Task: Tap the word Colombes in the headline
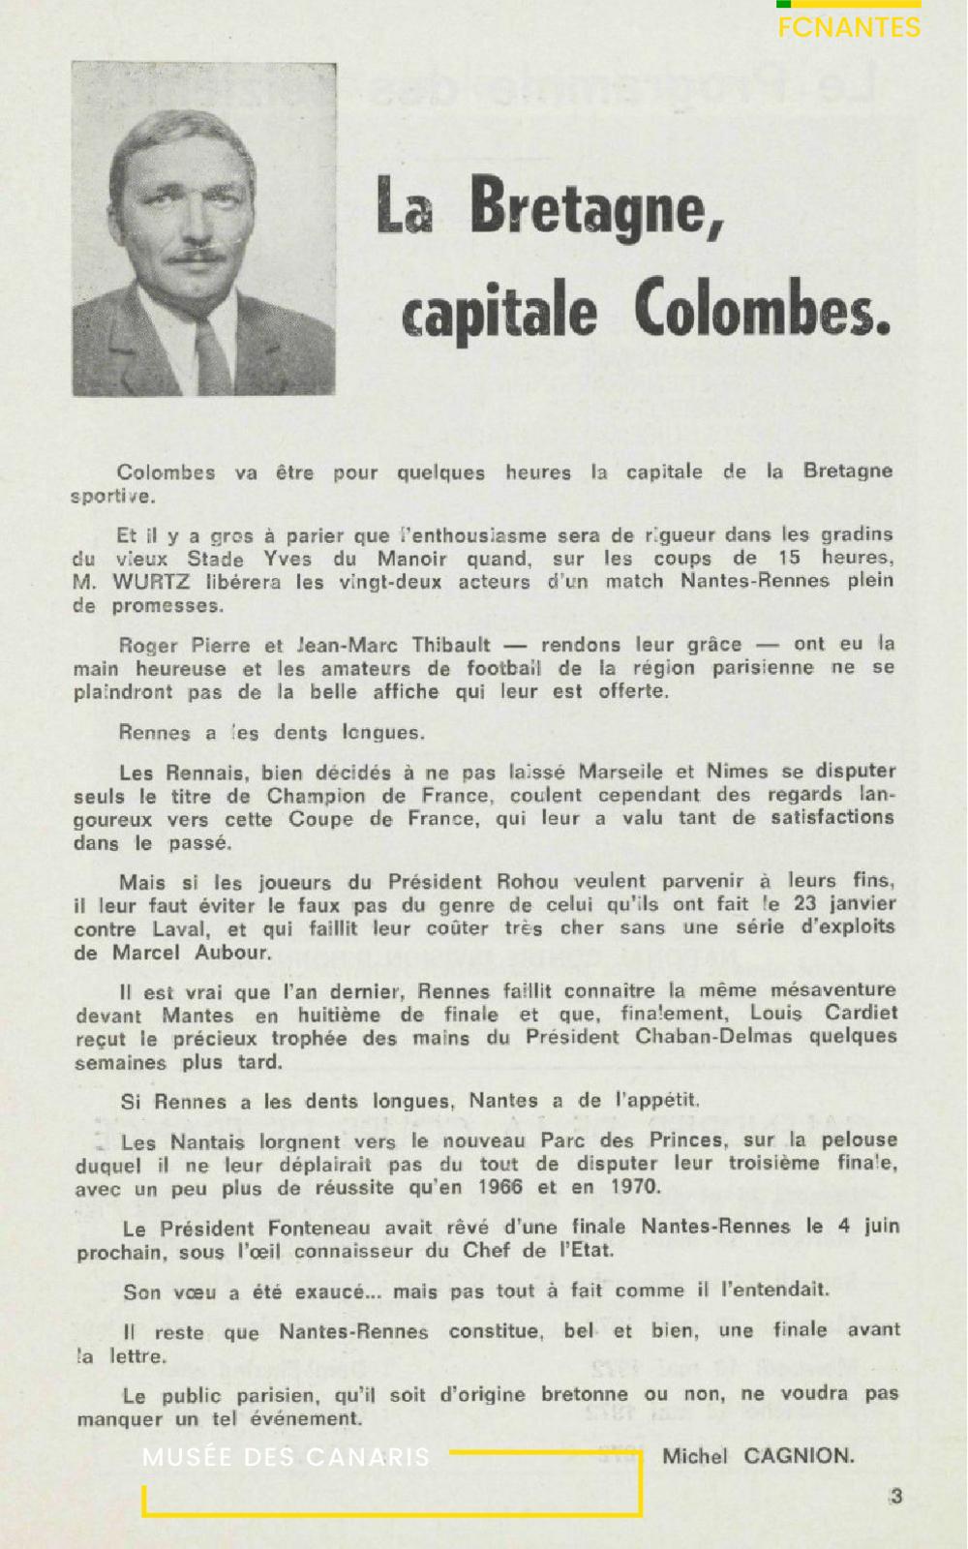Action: [x=762, y=312]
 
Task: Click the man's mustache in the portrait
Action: [x=195, y=257]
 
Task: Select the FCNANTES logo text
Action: [x=849, y=27]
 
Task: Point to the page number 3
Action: [x=896, y=1496]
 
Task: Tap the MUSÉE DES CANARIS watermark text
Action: [x=286, y=1457]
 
